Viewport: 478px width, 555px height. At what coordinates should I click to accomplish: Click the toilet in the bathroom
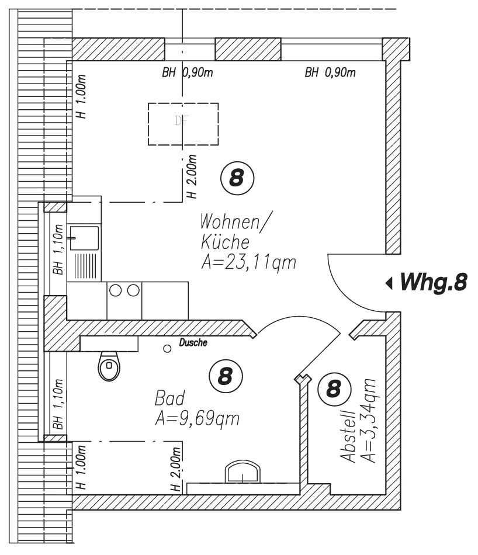109,366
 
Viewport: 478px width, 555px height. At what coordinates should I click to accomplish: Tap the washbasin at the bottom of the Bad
243,472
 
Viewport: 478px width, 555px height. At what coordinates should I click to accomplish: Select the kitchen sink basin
84,238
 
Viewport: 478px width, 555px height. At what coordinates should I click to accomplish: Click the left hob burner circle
116,290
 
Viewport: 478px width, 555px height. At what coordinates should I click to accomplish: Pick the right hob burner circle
133,290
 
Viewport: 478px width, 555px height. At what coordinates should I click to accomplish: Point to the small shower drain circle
167,349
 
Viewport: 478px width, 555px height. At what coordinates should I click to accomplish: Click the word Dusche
193,342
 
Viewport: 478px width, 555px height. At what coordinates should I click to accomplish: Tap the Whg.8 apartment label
434,282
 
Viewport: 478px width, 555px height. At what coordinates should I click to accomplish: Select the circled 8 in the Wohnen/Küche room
237,178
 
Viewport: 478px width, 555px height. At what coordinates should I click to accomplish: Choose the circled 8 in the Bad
226,376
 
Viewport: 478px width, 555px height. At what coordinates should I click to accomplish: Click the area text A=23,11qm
248,263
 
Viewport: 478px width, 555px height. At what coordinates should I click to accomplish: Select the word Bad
169,398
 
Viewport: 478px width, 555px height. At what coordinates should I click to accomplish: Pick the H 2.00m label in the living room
191,176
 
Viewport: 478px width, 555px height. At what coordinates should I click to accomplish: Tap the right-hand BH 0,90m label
330,73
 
